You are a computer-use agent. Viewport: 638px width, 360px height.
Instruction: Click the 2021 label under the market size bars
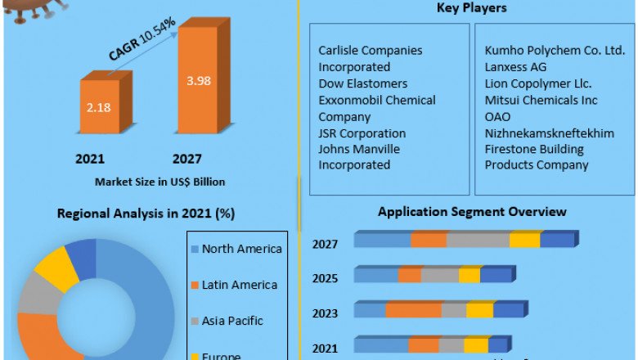coord(90,159)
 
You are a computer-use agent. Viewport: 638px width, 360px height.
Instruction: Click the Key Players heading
coord(472,8)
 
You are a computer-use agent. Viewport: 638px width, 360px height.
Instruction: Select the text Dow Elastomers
coord(362,83)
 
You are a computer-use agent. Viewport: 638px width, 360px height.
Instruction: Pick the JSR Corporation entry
coord(362,133)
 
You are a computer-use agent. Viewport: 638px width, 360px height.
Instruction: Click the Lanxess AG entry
coord(515,67)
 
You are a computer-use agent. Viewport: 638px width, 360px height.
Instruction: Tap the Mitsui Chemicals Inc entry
coord(541,100)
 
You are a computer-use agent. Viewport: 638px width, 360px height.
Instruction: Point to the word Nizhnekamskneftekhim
coord(549,133)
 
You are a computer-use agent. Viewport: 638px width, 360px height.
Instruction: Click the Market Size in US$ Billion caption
coord(160,181)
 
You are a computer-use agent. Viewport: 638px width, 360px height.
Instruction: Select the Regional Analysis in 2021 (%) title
coord(146,214)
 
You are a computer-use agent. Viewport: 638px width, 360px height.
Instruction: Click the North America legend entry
coord(241,249)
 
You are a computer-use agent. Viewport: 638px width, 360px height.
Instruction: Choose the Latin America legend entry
coord(239,285)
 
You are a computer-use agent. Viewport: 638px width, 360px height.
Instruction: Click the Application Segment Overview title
coord(472,212)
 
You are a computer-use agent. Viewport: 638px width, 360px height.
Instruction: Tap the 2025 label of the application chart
coord(326,278)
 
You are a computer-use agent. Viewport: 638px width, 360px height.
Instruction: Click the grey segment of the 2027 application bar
coord(478,240)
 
